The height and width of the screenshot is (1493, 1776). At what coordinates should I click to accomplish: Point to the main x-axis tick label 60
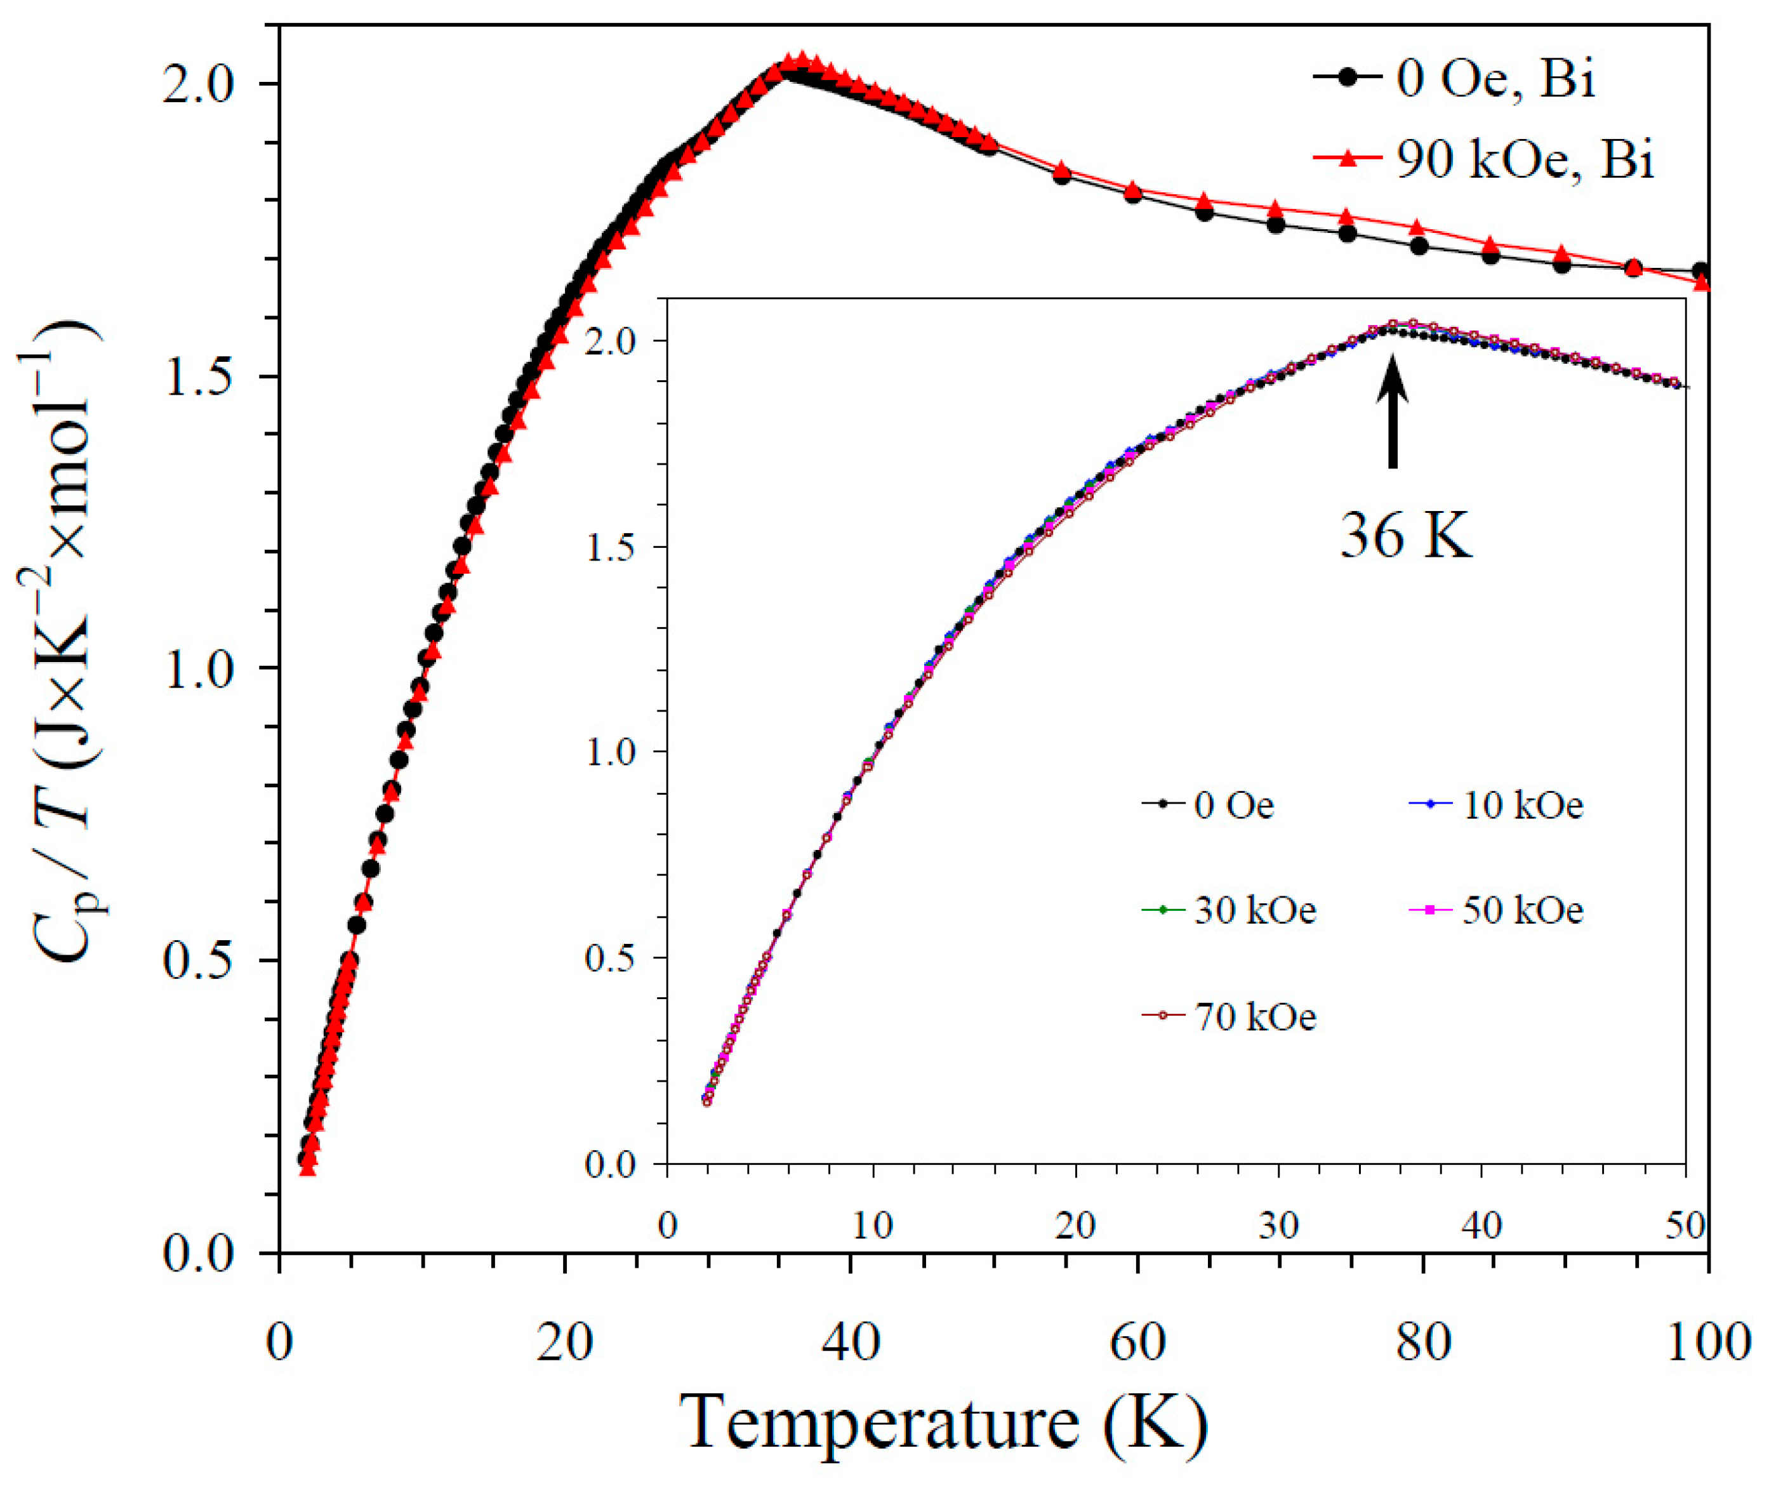(x=1138, y=1341)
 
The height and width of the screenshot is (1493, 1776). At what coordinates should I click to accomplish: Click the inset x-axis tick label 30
(x=1278, y=1226)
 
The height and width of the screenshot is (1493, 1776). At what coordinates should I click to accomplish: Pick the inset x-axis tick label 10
(x=871, y=1226)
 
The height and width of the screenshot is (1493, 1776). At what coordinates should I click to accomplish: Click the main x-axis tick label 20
(x=565, y=1341)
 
